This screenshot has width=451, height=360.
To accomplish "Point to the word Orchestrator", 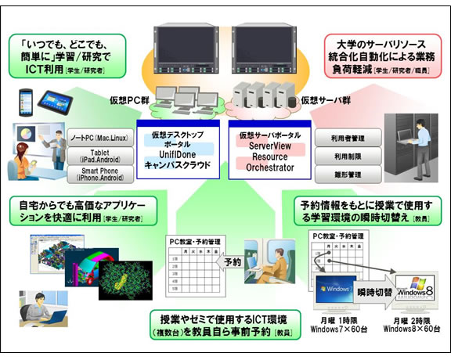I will [270, 167].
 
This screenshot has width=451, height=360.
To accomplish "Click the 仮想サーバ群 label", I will [322, 101].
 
